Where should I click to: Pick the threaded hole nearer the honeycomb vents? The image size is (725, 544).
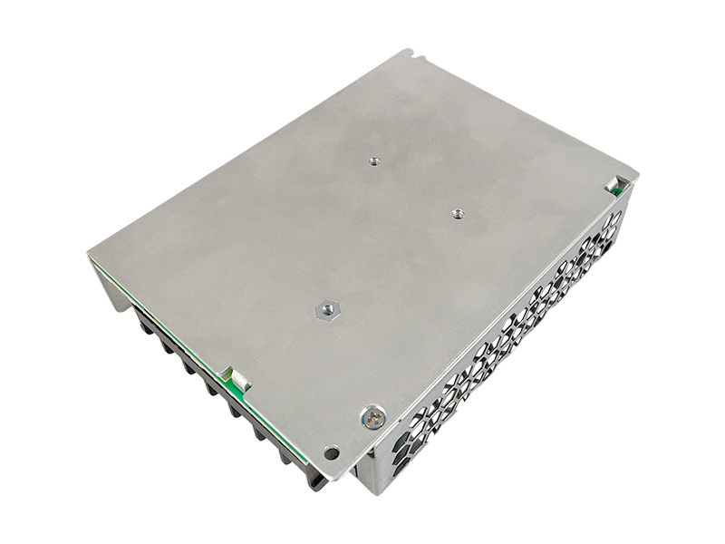456,215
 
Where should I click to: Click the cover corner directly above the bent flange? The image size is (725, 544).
90,254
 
